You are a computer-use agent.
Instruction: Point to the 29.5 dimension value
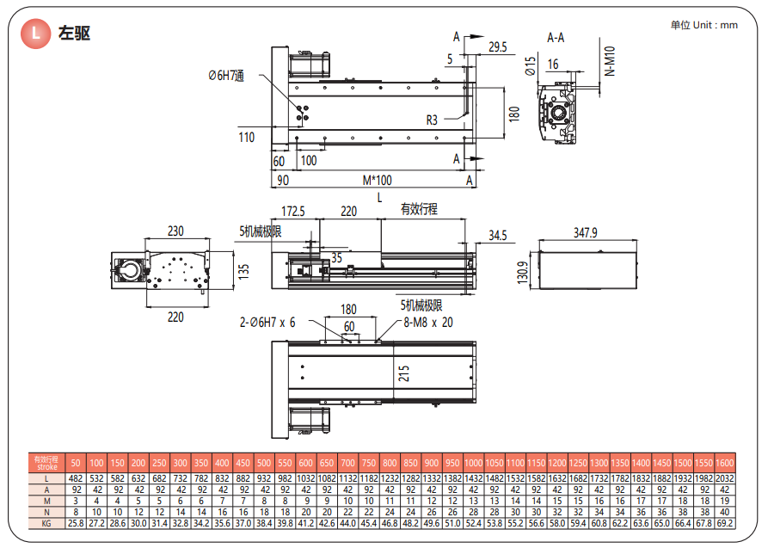click(x=497, y=46)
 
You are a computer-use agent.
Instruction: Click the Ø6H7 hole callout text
click(x=226, y=77)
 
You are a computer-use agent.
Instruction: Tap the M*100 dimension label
click(x=377, y=180)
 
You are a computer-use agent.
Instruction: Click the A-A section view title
click(x=556, y=37)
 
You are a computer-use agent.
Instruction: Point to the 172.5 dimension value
click(x=294, y=211)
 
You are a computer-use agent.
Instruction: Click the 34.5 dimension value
click(x=498, y=235)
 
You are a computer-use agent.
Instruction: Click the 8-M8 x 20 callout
click(x=428, y=323)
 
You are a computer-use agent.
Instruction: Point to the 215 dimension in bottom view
click(x=404, y=373)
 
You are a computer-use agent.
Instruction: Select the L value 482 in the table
click(x=76, y=477)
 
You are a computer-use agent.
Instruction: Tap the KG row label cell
click(x=47, y=522)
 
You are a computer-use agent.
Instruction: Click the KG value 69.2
click(x=725, y=522)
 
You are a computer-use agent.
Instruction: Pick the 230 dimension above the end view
click(x=175, y=231)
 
